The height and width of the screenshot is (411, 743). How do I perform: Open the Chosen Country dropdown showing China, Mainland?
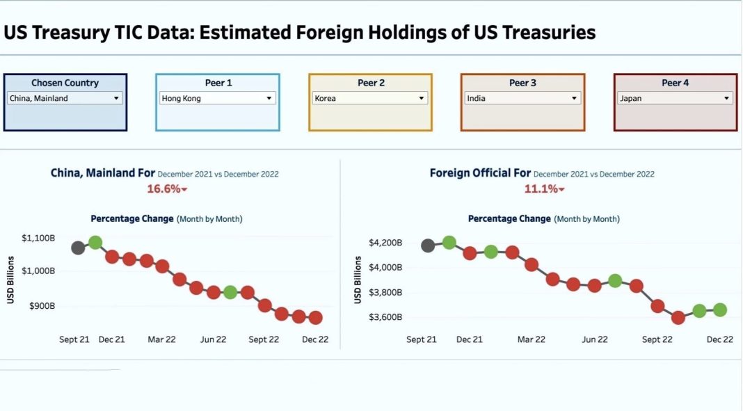(65, 98)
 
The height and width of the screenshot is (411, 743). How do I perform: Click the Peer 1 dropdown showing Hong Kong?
(218, 98)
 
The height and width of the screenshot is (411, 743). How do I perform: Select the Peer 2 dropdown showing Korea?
(370, 98)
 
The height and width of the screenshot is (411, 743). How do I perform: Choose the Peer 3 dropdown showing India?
(522, 98)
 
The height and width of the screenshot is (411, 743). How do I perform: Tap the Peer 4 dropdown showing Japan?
(675, 98)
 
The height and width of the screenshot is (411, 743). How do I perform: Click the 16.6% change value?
(164, 188)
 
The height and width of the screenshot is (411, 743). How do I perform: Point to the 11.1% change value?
(541, 188)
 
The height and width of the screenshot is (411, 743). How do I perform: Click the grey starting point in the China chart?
(78, 248)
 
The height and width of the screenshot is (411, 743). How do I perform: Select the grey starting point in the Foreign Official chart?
(428, 245)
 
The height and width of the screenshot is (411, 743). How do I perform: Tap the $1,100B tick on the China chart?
(38, 239)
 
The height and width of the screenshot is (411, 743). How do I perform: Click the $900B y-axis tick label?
(42, 305)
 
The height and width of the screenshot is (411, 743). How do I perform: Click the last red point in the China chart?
(315, 318)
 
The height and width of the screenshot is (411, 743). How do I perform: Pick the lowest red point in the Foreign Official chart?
(678, 318)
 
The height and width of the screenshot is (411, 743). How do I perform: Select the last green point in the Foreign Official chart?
(719, 310)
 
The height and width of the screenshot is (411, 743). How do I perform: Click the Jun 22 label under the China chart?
(213, 339)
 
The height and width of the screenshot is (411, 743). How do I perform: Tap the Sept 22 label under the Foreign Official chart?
(657, 339)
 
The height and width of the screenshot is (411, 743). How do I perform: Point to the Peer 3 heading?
(522, 83)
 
